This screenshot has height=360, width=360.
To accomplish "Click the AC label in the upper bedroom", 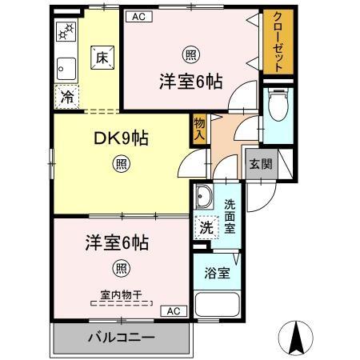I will point(138,16).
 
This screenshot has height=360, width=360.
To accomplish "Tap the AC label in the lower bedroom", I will point(174,310).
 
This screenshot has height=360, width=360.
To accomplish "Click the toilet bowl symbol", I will point(277,102).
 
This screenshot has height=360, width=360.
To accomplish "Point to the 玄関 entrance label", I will point(259,164).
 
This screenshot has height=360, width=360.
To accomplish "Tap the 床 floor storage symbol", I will point(102,56).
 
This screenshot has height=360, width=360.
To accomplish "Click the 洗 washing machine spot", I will point(206,227).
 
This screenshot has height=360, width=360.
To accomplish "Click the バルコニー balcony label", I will point(121,337).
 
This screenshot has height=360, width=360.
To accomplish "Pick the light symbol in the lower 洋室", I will point(122,268).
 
